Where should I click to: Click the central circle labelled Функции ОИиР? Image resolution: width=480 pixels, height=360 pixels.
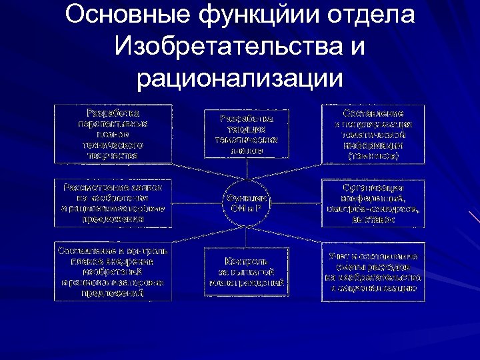(x=246, y=202)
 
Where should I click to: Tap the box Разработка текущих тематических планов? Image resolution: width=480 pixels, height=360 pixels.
(x=246, y=133)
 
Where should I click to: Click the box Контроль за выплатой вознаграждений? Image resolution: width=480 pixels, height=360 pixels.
(x=246, y=271)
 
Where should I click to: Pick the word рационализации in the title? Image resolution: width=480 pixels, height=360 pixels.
(x=240, y=79)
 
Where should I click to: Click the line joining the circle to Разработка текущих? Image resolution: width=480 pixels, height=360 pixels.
(x=246, y=169)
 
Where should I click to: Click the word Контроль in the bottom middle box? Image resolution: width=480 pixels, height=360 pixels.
(x=246, y=261)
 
